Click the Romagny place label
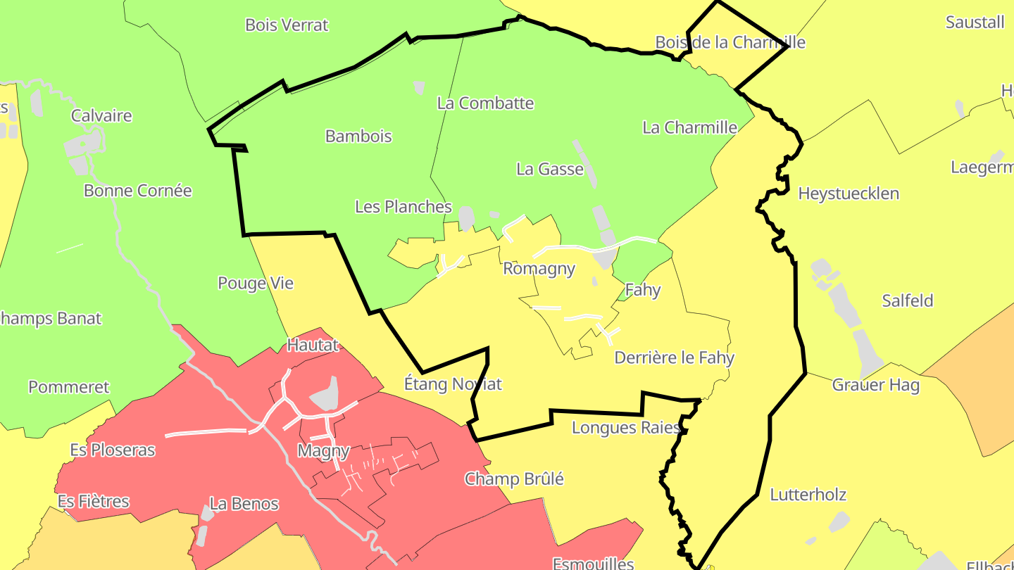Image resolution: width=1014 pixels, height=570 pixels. pos(539,269)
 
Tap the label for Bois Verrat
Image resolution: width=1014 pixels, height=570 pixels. pos(287,25)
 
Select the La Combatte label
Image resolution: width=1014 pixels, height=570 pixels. pos(485,103)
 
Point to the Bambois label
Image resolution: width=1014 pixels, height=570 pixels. pos(358,137)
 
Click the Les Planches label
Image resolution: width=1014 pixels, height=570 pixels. pos(403,207)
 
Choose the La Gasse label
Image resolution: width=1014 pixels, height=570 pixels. pos(550,170)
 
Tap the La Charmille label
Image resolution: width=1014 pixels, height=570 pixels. pos(689,128)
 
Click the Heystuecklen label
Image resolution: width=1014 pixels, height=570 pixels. pos(849,194)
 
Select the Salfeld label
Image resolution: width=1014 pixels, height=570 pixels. pos(908,301)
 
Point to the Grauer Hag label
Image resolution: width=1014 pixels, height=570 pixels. pos(875,386)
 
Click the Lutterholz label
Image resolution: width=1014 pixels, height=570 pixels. pos(808,495)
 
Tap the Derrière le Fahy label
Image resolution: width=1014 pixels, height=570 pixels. pos(674,358)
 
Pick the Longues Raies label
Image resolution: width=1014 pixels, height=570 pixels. pos(625,428)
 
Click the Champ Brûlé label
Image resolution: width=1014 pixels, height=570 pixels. pos(514,479)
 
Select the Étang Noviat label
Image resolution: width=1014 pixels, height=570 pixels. pos(453,384)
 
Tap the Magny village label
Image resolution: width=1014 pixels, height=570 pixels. pos(323,451)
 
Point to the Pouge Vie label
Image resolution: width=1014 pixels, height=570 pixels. pos(255,284)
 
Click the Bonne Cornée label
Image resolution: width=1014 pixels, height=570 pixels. pos(137,191)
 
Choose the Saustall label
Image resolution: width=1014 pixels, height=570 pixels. pos(975,23)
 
